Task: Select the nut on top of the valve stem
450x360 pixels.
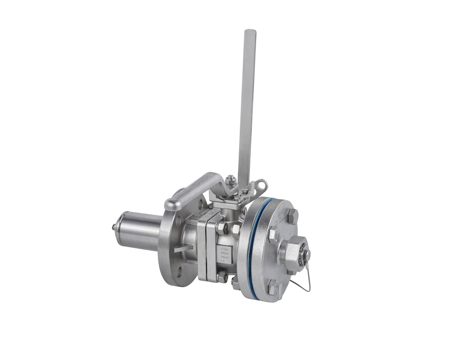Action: click(x=231, y=180)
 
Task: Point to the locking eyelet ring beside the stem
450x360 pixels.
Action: click(x=262, y=184)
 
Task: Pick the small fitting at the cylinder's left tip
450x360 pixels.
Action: click(x=114, y=227)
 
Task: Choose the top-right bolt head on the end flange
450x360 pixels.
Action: click(x=291, y=215)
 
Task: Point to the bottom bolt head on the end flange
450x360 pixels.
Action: click(x=273, y=290)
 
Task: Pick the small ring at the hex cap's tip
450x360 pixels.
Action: click(x=307, y=255)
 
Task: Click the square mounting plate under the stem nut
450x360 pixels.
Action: click(x=229, y=195)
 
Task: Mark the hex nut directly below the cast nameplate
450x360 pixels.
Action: click(x=222, y=277)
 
